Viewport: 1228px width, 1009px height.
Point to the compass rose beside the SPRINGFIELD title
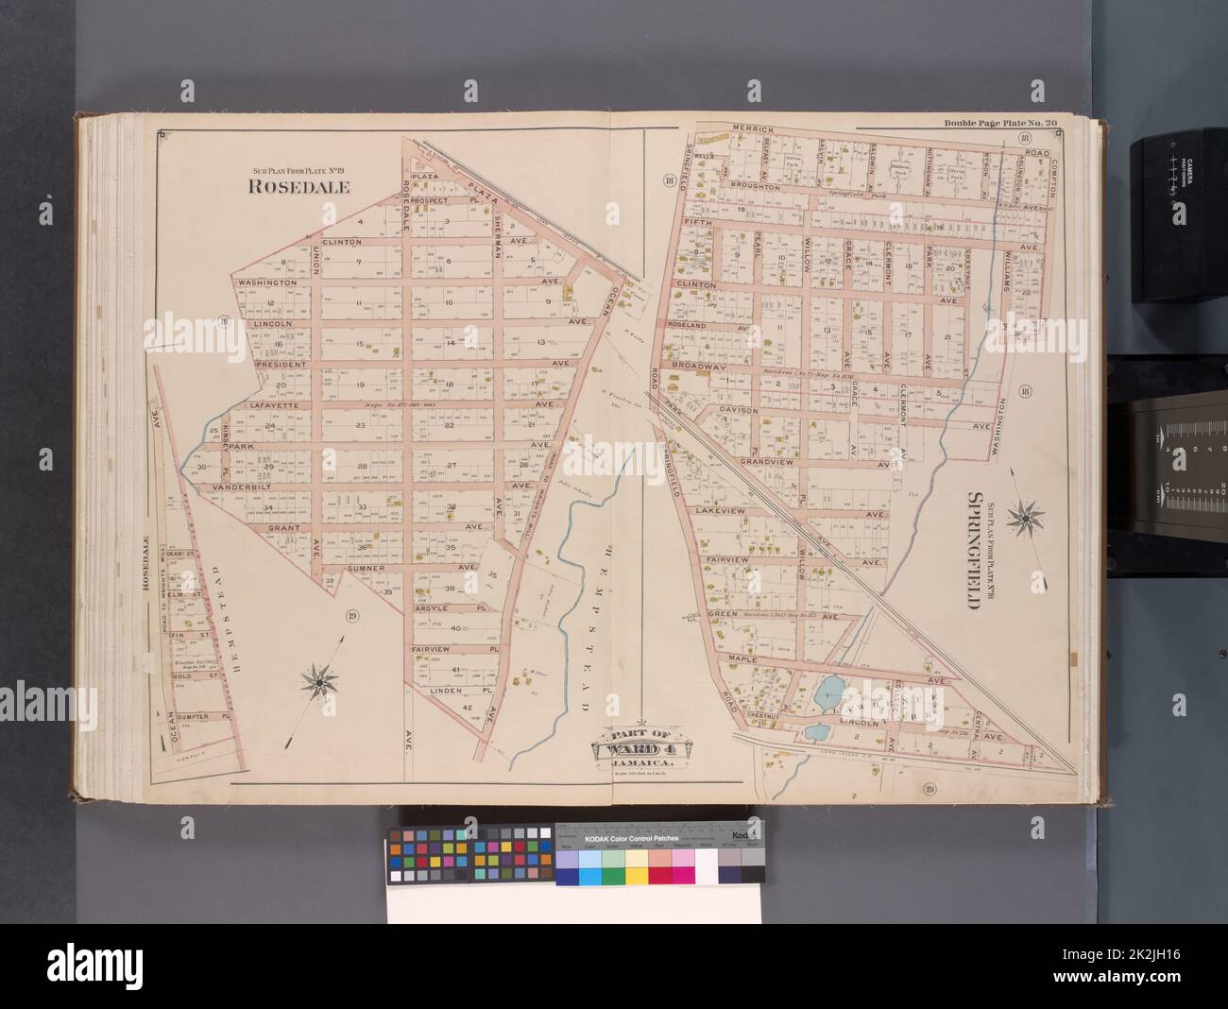click(x=1023, y=516)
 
